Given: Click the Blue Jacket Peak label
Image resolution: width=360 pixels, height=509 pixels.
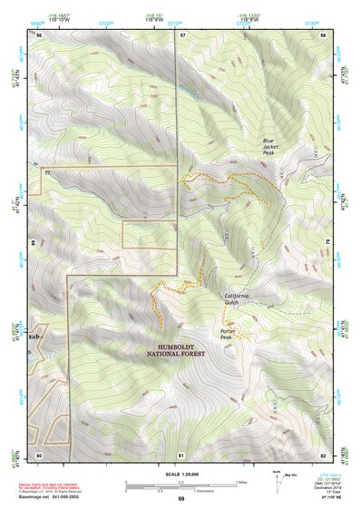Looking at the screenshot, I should point(268,146).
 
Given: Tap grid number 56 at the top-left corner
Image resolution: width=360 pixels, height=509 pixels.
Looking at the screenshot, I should point(39,34).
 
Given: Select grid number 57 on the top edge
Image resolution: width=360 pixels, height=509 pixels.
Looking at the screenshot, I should point(182,34).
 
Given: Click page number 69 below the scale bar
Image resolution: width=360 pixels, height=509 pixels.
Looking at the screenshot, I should point(180,499).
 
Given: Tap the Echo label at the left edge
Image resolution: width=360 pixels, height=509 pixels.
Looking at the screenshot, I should point(37,337).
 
